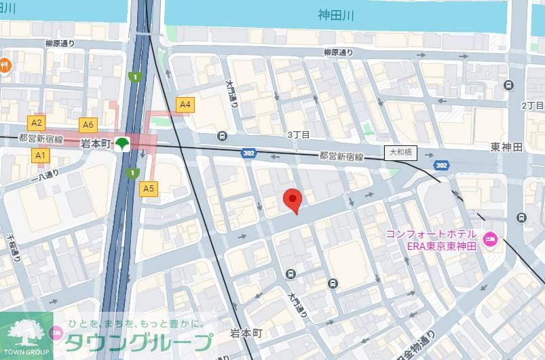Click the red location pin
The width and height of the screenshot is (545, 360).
(292, 200)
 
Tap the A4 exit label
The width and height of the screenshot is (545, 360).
(185, 105)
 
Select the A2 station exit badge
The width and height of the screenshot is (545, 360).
(37, 123)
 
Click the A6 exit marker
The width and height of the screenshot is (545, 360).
(88, 124)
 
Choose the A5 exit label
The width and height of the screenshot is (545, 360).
(149, 188)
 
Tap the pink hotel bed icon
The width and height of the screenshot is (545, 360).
(490, 238)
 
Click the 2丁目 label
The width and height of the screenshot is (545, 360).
(532, 106)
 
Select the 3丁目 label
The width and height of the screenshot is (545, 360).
(298, 134)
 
